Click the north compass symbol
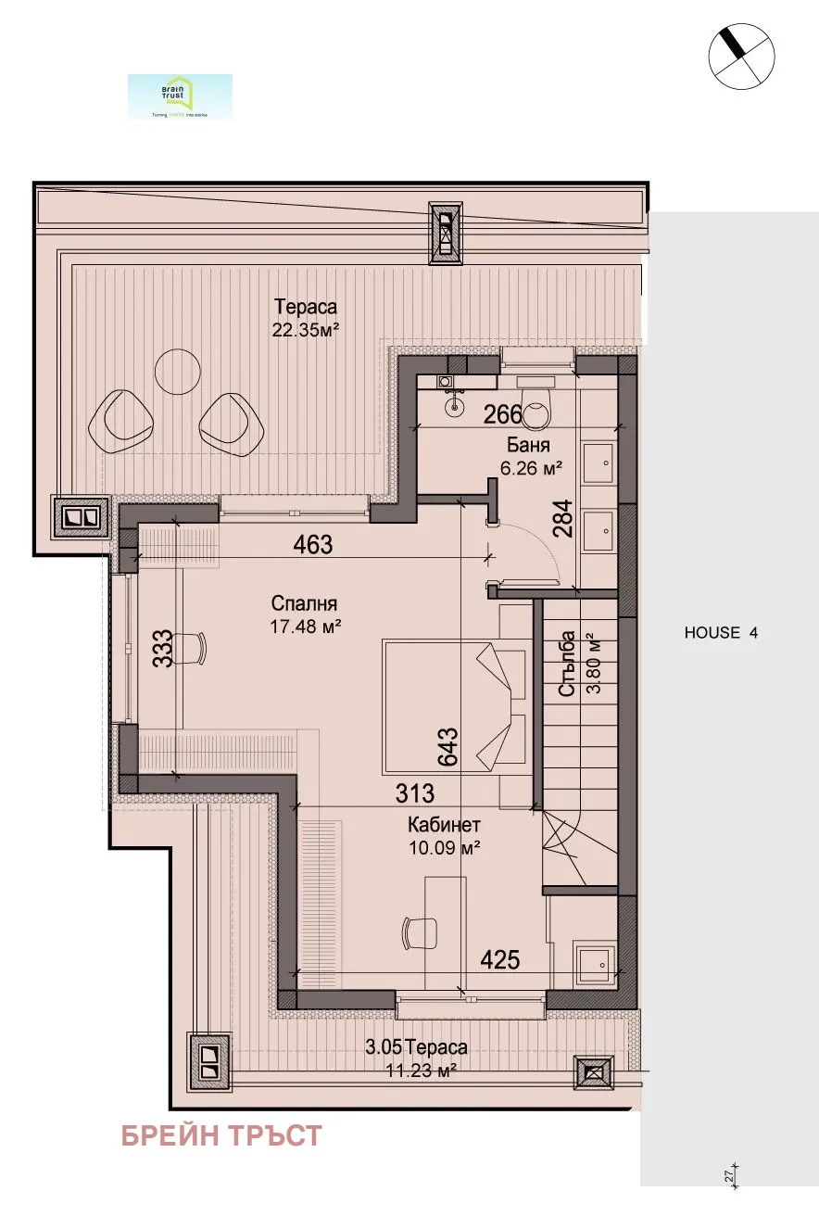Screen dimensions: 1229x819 [741, 54]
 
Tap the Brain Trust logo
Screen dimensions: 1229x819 [180, 96]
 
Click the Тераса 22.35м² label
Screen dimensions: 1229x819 [305, 316]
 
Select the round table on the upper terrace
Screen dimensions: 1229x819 [177, 371]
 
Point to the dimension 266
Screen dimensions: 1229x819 [504, 415]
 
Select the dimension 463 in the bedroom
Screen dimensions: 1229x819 [313, 545]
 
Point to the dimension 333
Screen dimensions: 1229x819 [161, 648]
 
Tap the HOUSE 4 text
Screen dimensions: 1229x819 [721, 633]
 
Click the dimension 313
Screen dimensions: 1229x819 [414, 794]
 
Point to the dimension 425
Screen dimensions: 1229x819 [499, 960]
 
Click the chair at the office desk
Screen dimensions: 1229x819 [420, 931]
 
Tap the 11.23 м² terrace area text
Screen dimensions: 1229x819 [422, 1068]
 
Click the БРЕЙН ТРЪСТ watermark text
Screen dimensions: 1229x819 [221, 1135]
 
